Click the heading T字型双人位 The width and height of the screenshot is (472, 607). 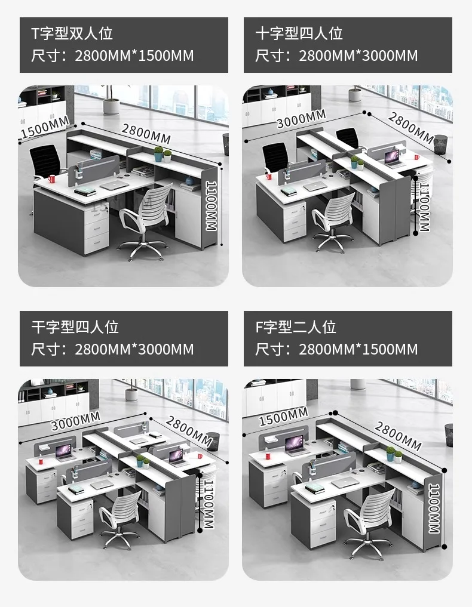coord(72,33)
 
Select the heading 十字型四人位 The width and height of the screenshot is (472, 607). coord(299,33)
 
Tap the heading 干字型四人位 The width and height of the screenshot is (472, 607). coord(75,327)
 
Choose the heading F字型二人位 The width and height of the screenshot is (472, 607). coord(296,327)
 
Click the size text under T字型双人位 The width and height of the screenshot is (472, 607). coord(113,56)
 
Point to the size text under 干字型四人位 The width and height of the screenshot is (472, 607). coord(113,349)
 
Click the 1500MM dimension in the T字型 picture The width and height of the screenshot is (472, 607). coord(45,128)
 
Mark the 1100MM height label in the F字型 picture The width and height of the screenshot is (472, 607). coord(436,506)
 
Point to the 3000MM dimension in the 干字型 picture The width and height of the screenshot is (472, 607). coord(75,421)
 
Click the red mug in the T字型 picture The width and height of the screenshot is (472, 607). coord(53,178)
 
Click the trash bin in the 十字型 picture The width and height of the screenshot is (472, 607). coord(441,144)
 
